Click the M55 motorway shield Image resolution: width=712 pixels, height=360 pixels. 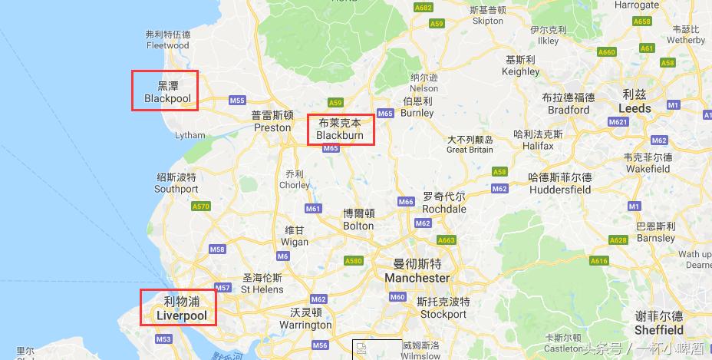tap(236, 101)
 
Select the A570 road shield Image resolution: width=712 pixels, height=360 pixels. tap(201, 206)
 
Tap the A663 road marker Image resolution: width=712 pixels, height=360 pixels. tap(447, 240)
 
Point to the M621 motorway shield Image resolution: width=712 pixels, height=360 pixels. tap(618, 122)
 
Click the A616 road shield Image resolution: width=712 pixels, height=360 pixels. tap(599, 261)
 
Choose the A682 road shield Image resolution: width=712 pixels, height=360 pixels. tap(423, 7)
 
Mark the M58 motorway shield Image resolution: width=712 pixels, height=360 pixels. tap(217, 249)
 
